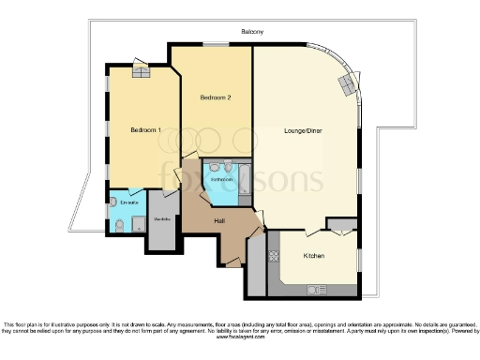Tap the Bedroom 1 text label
(x=145, y=129)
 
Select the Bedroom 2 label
(x=216, y=97)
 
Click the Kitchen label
(x=314, y=255)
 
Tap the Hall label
(x=219, y=221)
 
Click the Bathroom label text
(x=221, y=178)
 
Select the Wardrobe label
(x=161, y=221)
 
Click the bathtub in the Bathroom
(x=244, y=177)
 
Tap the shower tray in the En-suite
(x=138, y=223)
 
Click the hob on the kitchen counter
(x=274, y=255)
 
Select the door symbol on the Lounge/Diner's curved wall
(x=350, y=85)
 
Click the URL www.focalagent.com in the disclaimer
(x=239, y=337)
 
